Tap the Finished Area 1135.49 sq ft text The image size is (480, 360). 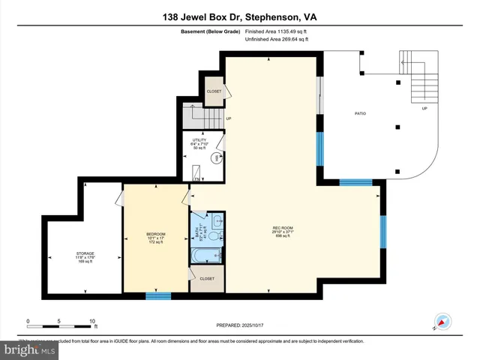click(277, 31)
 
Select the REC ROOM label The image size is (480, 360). click(282, 230)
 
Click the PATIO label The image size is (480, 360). click(360, 114)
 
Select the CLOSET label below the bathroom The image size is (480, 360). click(207, 279)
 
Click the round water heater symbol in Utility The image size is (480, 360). click(214, 157)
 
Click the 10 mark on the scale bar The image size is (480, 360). click(93, 321)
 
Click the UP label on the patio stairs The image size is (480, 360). click(424, 108)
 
